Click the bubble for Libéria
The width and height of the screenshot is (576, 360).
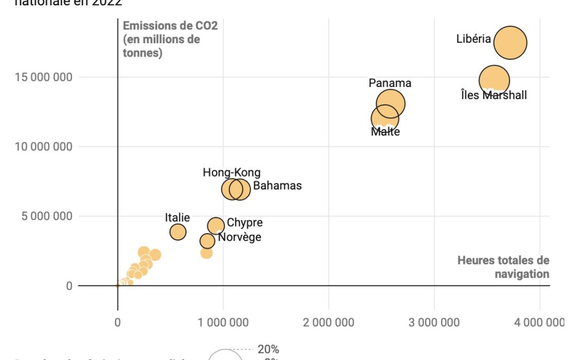510,43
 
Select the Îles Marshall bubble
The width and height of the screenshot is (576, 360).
494,80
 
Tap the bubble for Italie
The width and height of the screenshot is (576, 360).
178,232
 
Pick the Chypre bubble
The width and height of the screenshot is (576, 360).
215,226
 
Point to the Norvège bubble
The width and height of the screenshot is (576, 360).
207,241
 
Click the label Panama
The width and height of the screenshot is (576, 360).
390,83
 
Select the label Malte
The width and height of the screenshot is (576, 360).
385,132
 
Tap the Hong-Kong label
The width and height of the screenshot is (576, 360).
231,173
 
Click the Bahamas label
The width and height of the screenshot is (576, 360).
277,186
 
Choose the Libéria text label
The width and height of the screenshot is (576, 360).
474,39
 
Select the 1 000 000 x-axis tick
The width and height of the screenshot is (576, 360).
223,322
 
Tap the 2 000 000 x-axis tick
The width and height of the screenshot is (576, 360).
329,322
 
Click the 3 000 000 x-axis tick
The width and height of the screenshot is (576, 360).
434,322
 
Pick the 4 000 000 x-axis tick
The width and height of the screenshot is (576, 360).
540,322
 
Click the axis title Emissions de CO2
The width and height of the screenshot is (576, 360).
170,39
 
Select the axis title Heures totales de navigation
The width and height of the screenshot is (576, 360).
503,267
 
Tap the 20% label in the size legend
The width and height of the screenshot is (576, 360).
268,350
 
